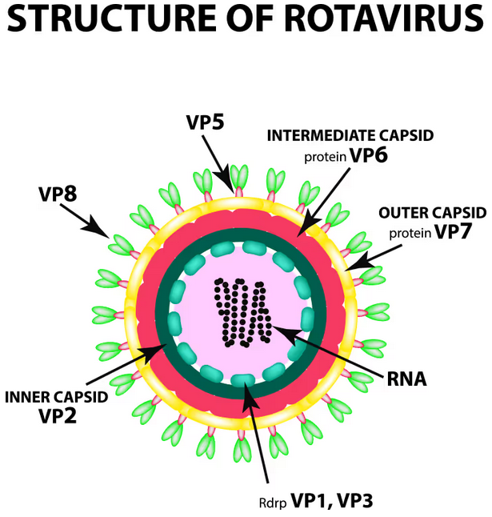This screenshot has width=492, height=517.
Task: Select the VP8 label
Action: click(x=58, y=194)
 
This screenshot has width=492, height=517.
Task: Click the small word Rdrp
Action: click(x=270, y=503)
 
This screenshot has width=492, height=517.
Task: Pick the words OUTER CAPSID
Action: click(x=432, y=213)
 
